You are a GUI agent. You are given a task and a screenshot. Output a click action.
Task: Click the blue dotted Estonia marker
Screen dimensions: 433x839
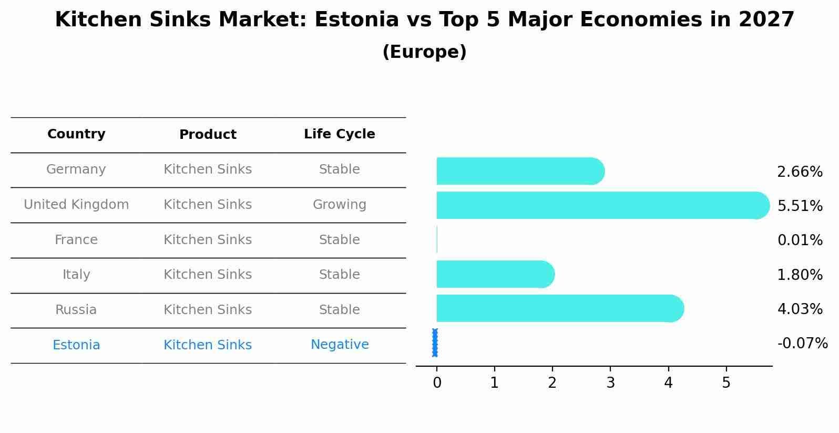click(x=435, y=343)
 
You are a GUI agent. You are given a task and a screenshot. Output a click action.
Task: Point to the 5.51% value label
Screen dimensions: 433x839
click(x=800, y=206)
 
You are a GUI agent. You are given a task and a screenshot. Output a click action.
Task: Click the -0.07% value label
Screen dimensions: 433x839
click(x=802, y=344)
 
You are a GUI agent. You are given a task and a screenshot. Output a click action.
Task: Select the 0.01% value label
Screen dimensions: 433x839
click(x=800, y=240)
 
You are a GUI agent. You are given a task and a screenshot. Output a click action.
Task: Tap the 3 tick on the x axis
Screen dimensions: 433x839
click(x=610, y=383)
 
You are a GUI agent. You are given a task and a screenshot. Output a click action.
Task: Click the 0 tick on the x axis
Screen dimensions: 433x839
click(x=437, y=383)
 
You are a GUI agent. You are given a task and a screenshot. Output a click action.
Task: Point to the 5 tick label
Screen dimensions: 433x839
click(x=726, y=383)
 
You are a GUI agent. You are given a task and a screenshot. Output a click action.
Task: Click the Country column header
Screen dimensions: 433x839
click(x=76, y=134)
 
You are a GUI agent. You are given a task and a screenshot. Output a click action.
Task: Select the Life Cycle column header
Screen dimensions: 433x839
click(x=339, y=134)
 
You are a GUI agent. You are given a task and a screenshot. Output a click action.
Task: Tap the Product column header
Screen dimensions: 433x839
click(x=208, y=135)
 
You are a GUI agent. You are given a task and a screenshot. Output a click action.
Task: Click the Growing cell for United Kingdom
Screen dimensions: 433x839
click(x=339, y=205)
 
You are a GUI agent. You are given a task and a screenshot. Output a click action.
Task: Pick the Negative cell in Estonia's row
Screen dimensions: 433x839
click(x=340, y=345)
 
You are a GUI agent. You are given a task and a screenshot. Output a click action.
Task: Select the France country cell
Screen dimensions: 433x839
click(x=76, y=240)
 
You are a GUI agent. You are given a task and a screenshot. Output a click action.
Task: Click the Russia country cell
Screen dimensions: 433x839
click(x=76, y=310)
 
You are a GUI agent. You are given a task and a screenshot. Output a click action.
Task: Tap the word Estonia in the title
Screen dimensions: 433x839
click(x=356, y=20)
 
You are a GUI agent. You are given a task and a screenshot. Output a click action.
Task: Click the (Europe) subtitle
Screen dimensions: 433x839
click(x=424, y=52)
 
